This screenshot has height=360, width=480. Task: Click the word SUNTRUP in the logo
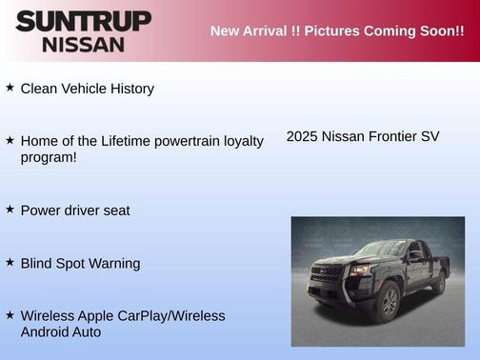(83, 21)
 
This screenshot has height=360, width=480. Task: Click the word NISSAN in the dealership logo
(83, 44)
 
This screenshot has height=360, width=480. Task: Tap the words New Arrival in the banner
(250, 31)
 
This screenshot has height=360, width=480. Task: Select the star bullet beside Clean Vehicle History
(10, 88)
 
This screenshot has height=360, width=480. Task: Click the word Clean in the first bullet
(40, 89)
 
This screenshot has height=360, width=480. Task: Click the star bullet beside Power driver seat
(10, 209)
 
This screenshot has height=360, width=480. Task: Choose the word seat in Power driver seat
(115, 210)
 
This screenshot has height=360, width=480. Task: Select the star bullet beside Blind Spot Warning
(10, 262)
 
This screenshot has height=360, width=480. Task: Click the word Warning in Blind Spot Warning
(114, 263)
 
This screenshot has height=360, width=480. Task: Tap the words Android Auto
(61, 332)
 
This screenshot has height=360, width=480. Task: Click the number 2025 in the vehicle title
(302, 136)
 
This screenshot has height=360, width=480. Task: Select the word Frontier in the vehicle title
(389, 136)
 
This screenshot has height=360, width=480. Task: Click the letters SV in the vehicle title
(430, 136)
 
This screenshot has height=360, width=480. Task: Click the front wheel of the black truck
(388, 304)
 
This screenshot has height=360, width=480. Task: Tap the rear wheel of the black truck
(439, 283)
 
